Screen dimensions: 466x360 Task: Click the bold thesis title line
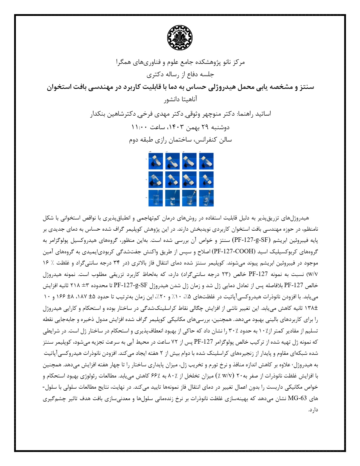pos(180,87)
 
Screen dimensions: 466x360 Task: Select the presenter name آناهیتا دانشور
pos(180,99)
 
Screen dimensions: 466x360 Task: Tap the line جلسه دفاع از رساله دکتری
pos(180,74)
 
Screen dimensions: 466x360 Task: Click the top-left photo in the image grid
pos(156,161)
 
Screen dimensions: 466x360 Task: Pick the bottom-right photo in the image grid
pos(206,198)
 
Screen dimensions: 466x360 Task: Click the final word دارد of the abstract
pos(313,410)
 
